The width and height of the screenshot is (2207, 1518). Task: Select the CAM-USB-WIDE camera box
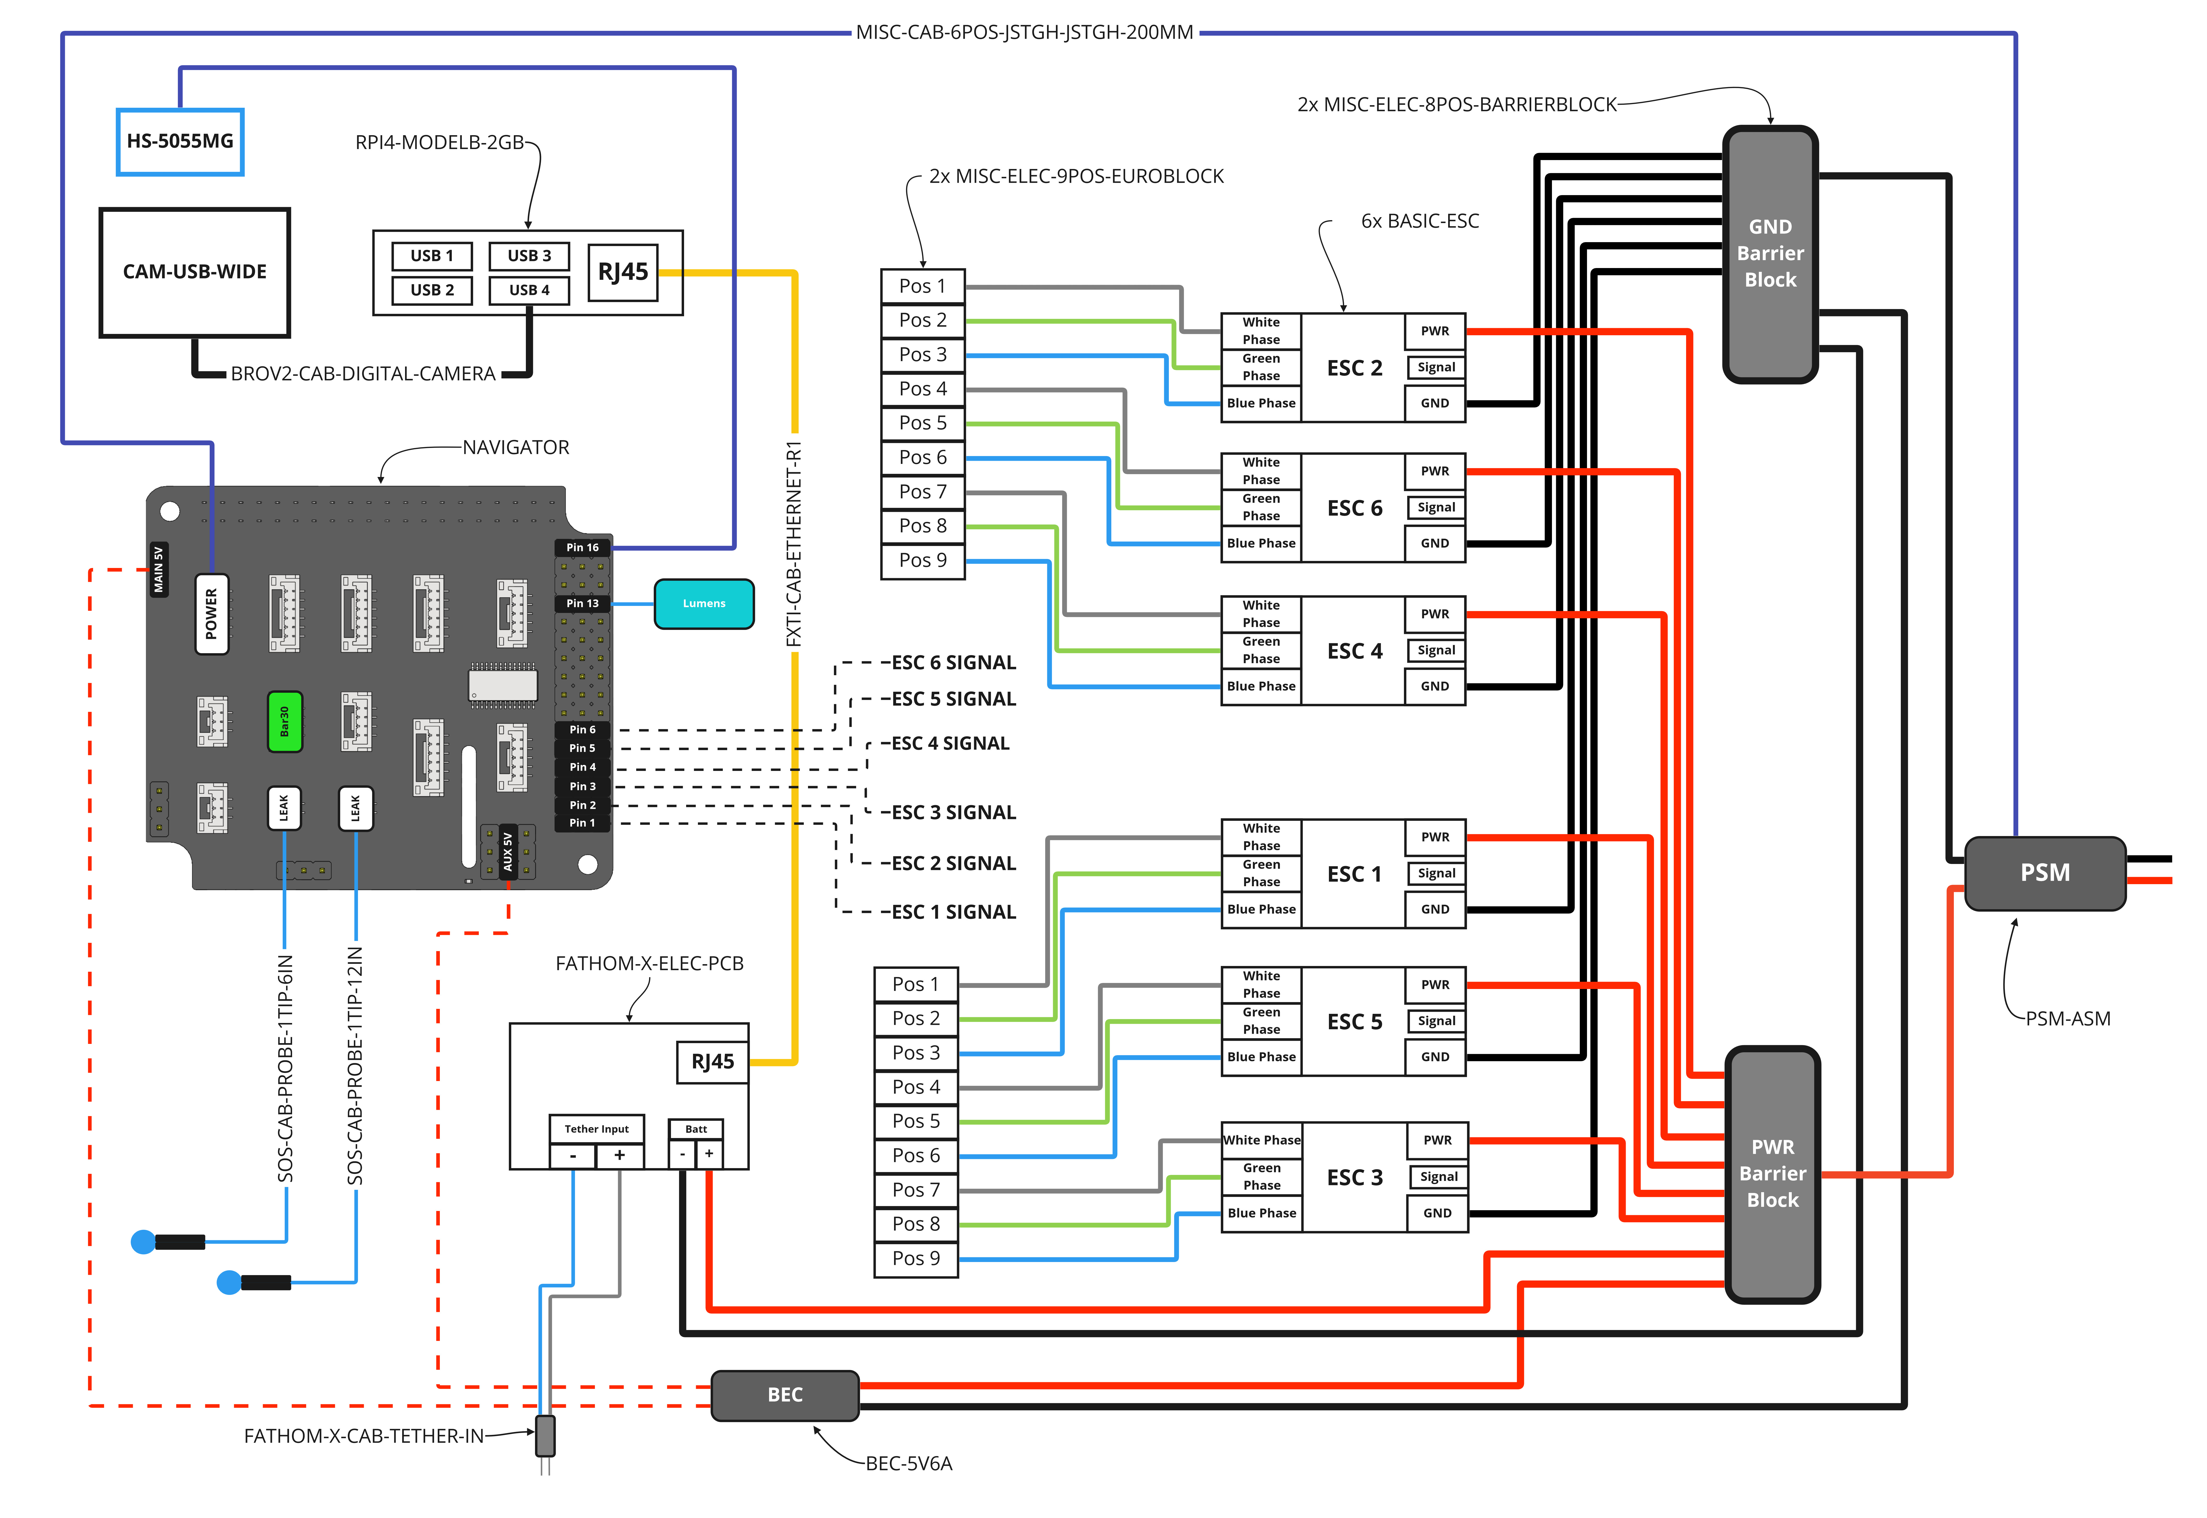194,272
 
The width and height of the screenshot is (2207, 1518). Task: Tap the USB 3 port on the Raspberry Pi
529,256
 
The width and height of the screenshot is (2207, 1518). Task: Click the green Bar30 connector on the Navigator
284,721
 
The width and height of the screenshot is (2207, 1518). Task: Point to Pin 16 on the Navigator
582,548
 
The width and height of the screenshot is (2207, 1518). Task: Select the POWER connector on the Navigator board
211,613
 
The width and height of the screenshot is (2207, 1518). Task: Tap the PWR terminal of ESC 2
1435,331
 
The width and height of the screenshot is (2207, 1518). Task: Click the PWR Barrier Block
1772,1174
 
